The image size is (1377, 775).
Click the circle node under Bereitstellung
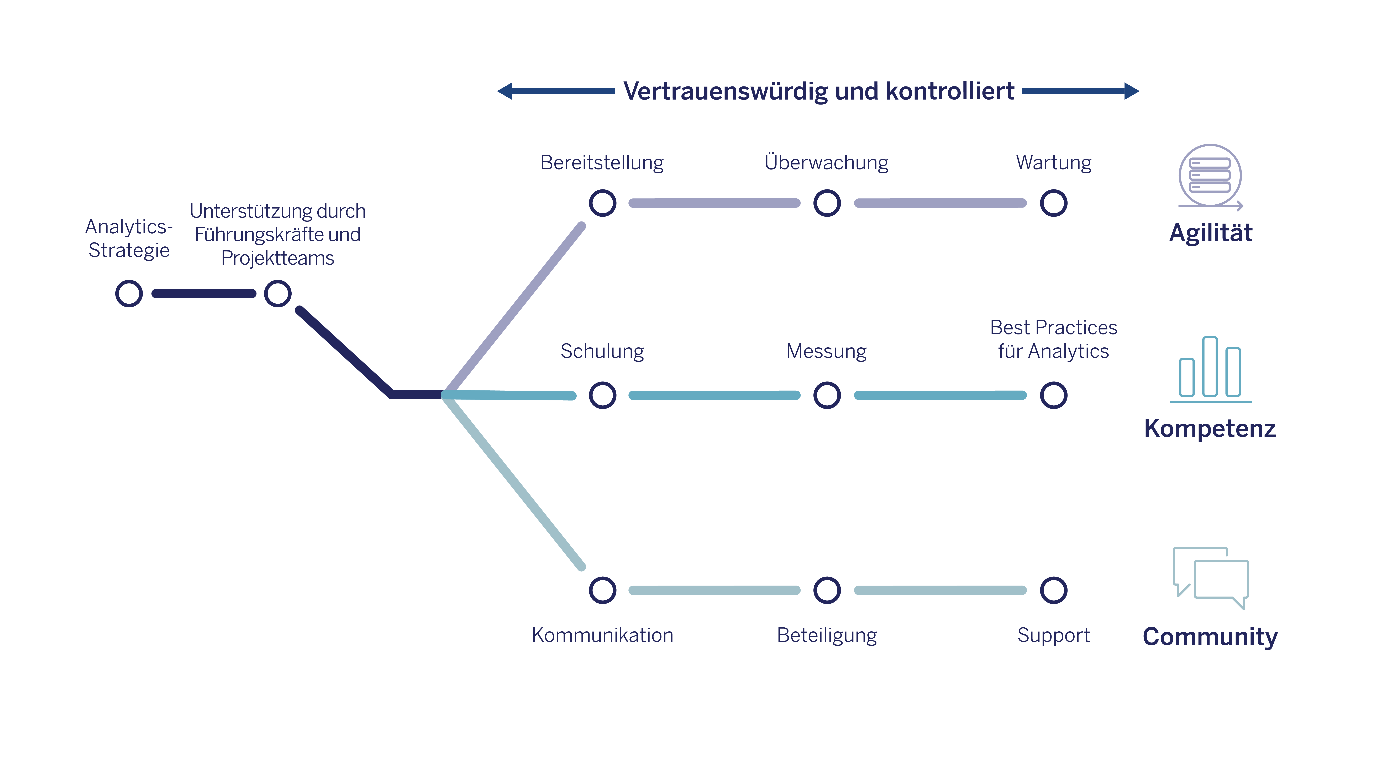click(602, 203)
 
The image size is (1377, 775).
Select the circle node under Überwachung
click(827, 203)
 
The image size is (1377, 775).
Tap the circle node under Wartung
click(1054, 203)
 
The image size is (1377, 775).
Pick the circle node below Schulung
click(602, 395)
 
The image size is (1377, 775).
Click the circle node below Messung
click(827, 395)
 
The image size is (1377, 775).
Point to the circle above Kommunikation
click(602, 591)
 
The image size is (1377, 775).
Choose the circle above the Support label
click(1054, 591)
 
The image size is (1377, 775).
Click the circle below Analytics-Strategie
click(129, 294)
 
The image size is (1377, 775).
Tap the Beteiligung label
click(827, 635)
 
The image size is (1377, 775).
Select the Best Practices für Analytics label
click(1054, 339)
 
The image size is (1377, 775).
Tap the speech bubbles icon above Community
click(1210, 578)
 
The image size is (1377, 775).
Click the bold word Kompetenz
click(1210, 428)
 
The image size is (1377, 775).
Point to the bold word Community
click(1210, 637)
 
